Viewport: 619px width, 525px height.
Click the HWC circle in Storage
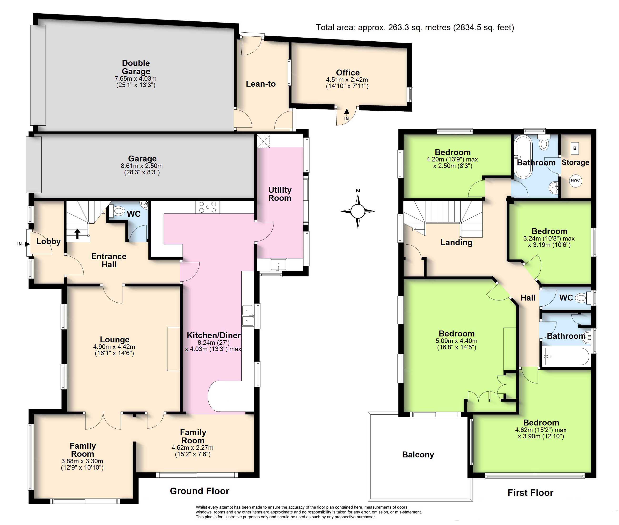(575, 180)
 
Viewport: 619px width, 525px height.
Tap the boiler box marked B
(575, 148)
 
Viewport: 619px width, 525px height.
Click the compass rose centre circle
(358, 211)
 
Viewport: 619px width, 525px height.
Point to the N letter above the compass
(358, 191)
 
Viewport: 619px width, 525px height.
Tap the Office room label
(348, 73)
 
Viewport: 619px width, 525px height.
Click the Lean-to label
(261, 84)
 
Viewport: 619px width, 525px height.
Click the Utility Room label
(280, 194)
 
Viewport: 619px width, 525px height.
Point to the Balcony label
(418, 454)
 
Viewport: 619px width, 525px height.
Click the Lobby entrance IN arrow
(24, 244)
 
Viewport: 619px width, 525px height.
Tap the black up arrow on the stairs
(77, 234)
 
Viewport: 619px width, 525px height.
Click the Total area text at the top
(415, 27)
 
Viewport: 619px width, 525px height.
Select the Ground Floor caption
(200, 491)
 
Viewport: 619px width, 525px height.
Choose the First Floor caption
(530, 493)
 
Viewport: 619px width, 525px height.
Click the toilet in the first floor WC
(582, 298)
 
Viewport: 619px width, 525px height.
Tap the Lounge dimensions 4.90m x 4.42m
(114, 347)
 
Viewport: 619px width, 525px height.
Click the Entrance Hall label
(109, 260)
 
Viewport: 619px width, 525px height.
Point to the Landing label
(456, 243)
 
